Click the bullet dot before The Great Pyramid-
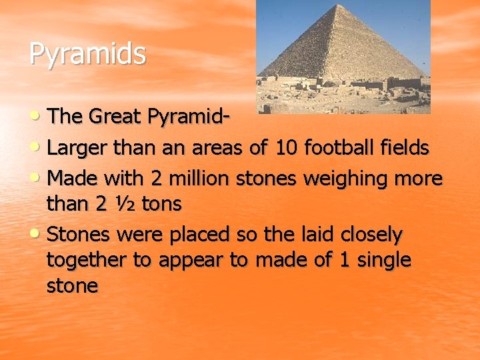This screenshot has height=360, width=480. coord(37,117)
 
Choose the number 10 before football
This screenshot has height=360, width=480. coord(287,148)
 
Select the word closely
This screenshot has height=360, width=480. coord(371,235)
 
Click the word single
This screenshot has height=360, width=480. coord(383,261)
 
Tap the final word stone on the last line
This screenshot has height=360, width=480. coord(72,286)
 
